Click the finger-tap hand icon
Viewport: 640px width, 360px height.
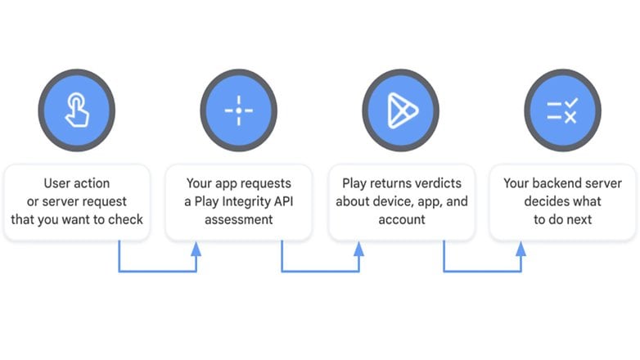click(x=77, y=110)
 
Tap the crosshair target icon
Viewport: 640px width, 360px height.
click(x=239, y=110)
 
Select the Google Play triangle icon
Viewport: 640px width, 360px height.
click(x=403, y=110)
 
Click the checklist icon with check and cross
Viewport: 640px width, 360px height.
click(x=562, y=110)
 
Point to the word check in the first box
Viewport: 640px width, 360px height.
click(x=125, y=219)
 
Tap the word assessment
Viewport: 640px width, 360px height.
click(x=239, y=219)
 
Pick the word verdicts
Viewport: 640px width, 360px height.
click(x=438, y=183)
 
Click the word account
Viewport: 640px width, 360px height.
click(x=402, y=219)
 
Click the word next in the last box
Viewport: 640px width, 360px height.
click(x=579, y=219)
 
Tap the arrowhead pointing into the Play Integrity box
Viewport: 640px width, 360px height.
click(x=196, y=249)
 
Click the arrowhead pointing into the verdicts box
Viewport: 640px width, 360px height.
click(x=358, y=249)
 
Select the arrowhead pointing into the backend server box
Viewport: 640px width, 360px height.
click(x=521, y=249)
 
